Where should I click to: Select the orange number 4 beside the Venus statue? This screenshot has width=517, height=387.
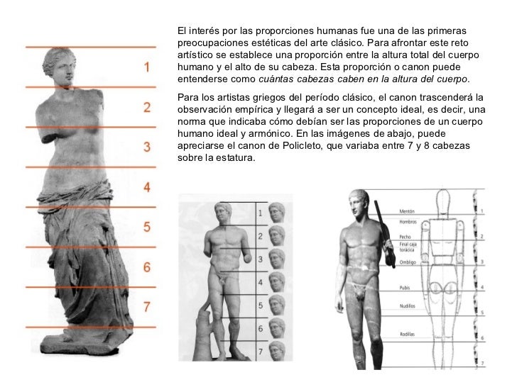pyautogui.click(x=147, y=188)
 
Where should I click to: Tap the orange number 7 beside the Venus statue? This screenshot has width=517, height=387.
pyautogui.click(x=147, y=307)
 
